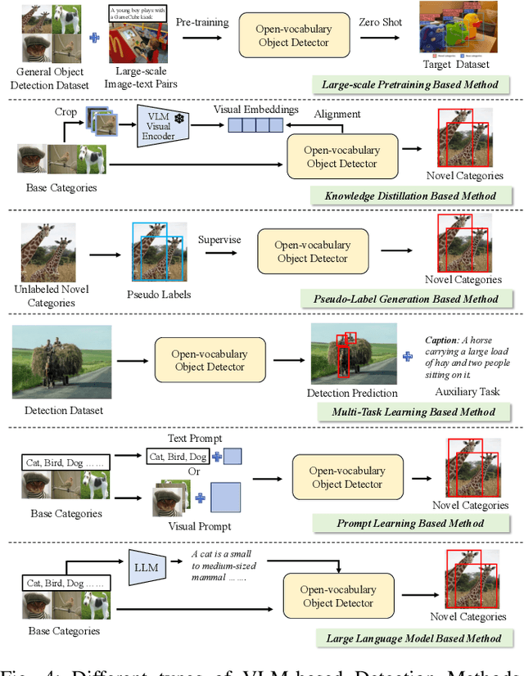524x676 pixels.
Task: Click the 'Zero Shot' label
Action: (380, 22)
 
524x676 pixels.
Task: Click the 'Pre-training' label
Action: (202, 22)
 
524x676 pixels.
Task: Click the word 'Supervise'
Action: (219, 239)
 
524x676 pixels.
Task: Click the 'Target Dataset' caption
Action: (457, 64)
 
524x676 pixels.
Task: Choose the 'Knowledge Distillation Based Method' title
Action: (409, 196)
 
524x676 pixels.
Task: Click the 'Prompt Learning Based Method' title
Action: (411, 523)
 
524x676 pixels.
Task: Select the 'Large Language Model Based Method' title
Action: (414, 638)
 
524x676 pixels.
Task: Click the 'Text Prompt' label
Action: (195, 439)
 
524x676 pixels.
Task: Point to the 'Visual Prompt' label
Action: (199, 526)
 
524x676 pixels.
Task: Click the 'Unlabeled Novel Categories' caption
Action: (52, 295)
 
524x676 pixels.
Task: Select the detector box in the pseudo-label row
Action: (312, 251)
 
